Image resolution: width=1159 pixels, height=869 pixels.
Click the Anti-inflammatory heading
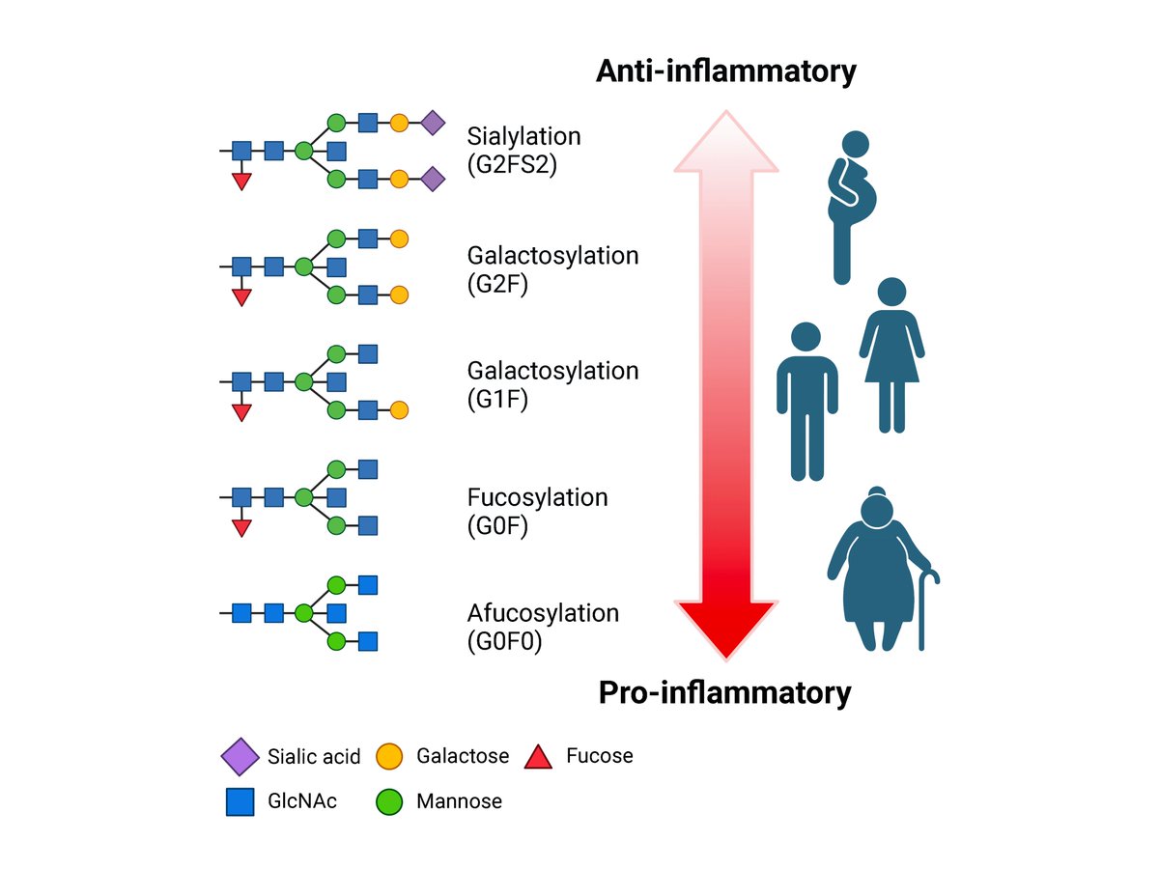pyautogui.click(x=725, y=70)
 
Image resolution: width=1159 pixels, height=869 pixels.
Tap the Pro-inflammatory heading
pyautogui.click(x=724, y=692)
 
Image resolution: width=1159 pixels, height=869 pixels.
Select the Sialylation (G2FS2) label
pyautogui.click(x=523, y=151)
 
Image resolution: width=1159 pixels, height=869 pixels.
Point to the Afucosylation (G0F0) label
pyautogui.click(x=542, y=628)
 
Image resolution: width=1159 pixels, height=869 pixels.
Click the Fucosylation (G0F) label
pyautogui.click(x=537, y=512)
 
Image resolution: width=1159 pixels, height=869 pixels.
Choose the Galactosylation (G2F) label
pyautogui.click(x=552, y=269)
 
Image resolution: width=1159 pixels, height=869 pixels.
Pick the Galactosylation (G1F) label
pyautogui.click(x=552, y=385)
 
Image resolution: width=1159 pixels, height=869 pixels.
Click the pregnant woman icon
pyautogui.click(x=851, y=208)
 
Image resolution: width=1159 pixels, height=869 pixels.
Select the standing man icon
pyautogui.click(x=806, y=402)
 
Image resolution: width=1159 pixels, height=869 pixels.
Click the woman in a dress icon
pyautogui.click(x=891, y=355)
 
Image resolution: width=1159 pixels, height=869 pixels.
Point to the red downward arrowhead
pyautogui.click(x=726, y=629)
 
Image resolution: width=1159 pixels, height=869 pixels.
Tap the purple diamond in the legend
pyautogui.click(x=240, y=757)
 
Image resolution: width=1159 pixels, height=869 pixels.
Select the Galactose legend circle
pyautogui.click(x=389, y=756)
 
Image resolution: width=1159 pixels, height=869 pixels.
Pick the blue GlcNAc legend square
pyautogui.click(x=240, y=802)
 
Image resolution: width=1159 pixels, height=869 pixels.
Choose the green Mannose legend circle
pyautogui.click(x=389, y=802)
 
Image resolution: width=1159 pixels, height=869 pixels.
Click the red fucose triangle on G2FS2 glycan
pyautogui.click(x=241, y=182)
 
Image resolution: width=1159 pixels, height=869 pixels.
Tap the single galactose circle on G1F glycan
pyautogui.click(x=399, y=410)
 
